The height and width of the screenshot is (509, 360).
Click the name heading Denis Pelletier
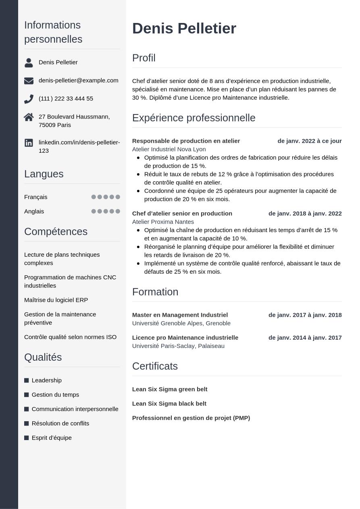coord(184,29)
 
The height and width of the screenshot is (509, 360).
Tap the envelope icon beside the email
coord(29,81)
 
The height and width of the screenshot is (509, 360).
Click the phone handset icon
coord(29,99)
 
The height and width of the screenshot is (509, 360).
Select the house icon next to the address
coord(29,117)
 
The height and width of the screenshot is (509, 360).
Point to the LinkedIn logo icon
coord(29,143)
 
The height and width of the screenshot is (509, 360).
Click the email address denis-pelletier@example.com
coord(78,81)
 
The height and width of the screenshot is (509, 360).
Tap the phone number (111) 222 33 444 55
coord(66,99)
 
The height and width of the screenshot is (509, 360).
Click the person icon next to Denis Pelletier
coord(29,62)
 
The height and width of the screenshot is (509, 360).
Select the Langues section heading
coord(44,174)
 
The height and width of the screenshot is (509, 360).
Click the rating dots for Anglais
coord(106,212)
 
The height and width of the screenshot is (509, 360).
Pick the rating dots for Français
coord(106,197)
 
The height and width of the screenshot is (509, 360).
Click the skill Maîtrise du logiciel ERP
coord(56,300)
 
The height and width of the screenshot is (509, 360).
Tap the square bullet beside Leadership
coord(27,380)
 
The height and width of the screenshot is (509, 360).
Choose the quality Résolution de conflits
coord(60,424)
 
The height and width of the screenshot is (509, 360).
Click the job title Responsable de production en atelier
coord(186,141)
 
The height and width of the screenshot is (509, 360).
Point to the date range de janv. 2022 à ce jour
coord(309,141)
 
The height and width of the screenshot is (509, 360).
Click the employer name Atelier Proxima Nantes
coord(163,222)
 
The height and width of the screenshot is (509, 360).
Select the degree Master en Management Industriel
coord(180,315)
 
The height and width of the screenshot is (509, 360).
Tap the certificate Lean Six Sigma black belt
coord(169,404)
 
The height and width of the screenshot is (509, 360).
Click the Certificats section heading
coord(155,366)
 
